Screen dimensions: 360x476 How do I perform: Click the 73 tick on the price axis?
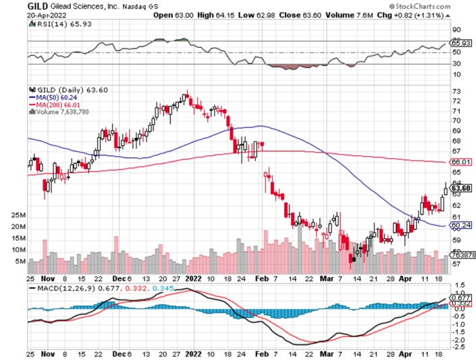tap(456, 92)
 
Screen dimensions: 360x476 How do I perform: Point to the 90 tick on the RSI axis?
tap(456, 30)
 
